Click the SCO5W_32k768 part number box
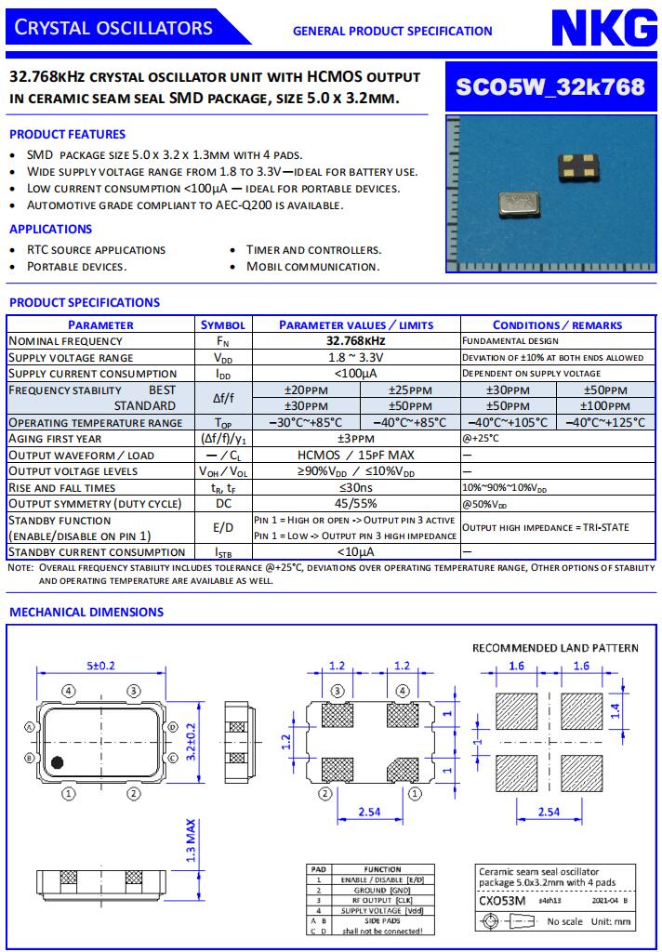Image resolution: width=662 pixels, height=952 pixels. coord(549,86)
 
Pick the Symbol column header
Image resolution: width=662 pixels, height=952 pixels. coord(223,324)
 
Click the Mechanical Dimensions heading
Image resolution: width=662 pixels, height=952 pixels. coord(86,612)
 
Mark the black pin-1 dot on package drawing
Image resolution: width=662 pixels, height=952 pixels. coord(58,762)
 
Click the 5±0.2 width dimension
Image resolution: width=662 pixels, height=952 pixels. coord(101,666)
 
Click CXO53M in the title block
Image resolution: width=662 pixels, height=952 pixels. coord(502,901)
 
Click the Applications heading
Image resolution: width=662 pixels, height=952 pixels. coord(51,229)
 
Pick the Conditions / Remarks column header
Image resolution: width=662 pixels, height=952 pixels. coord(557,324)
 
